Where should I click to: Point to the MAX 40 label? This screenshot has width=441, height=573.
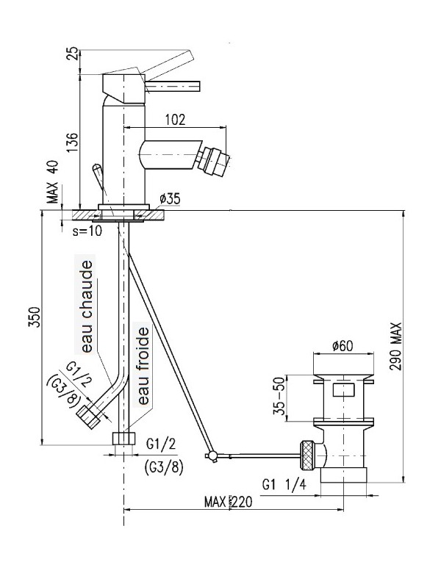tap(53, 184)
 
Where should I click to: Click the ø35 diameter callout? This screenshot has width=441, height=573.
tap(169, 198)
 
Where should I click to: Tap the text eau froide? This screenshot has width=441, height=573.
tap(143, 367)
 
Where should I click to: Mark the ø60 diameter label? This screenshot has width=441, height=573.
tap(343, 346)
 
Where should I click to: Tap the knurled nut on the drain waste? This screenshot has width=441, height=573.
tap(309, 453)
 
